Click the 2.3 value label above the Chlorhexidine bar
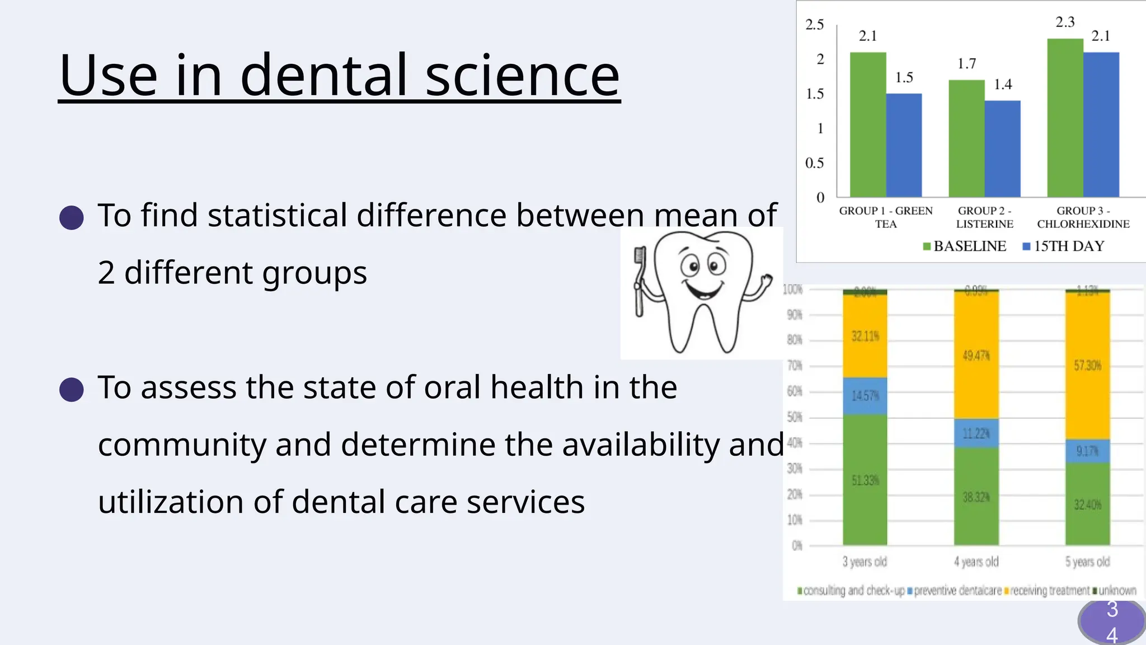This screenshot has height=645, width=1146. (x=1065, y=22)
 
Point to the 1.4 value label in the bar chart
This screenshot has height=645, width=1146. (x=1003, y=85)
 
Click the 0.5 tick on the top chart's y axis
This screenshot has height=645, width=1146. (x=814, y=163)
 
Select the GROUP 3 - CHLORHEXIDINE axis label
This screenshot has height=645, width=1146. (x=1083, y=217)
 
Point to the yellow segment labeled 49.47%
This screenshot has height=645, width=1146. (x=976, y=356)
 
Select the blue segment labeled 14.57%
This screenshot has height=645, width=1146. (x=865, y=396)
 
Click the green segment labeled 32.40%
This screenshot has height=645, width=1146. (x=1087, y=504)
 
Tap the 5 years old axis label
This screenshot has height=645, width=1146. (x=1087, y=562)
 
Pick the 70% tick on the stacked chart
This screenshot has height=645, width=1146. (x=795, y=366)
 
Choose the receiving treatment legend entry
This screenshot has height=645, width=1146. (x=1047, y=591)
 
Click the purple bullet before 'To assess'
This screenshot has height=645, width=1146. (x=72, y=389)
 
